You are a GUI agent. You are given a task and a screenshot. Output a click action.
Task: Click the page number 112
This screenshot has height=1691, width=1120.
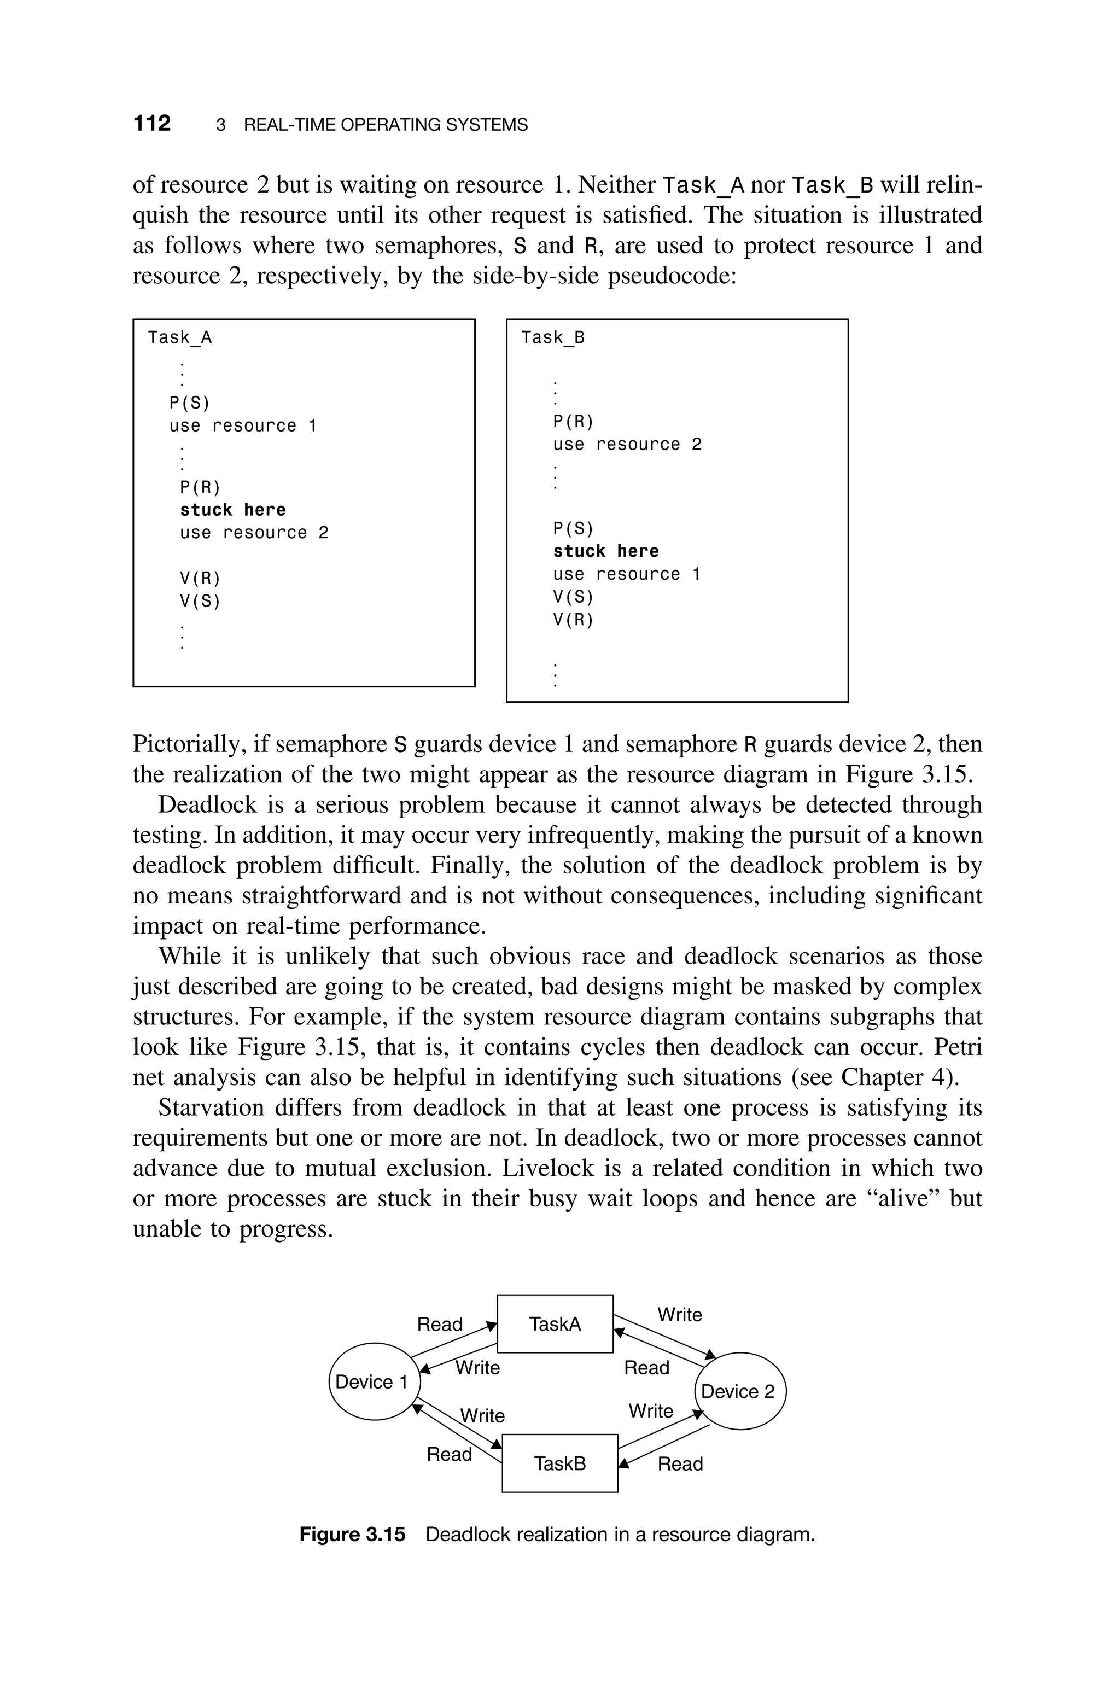tap(152, 124)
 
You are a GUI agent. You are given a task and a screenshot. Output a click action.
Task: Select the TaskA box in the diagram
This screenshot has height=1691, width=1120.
tap(555, 1323)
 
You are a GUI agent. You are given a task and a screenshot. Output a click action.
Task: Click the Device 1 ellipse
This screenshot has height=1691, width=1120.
tap(372, 1382)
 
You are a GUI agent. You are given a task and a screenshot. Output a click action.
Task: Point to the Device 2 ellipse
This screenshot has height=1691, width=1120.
tap(739, 1391)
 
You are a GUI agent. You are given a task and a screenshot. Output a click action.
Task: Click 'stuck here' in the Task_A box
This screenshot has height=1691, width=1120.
tap(233, 510)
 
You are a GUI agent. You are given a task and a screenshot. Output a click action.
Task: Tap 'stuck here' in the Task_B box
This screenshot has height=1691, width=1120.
tap(606, 551)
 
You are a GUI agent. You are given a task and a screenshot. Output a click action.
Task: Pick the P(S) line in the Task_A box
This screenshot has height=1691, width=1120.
tap(189, 404)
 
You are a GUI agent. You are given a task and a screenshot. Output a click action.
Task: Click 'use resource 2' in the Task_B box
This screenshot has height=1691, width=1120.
tap(627, 444)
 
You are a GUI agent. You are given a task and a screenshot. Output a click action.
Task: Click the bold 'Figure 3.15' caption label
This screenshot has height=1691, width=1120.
tap(352, 1534)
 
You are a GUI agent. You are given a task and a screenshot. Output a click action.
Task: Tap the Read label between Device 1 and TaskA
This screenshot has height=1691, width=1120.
tap(439, 1325)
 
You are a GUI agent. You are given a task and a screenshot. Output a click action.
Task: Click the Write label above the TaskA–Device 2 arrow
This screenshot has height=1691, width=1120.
tap(679, 1315)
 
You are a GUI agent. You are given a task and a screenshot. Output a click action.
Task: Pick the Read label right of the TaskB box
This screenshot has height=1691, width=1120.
tap(680, 1464)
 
